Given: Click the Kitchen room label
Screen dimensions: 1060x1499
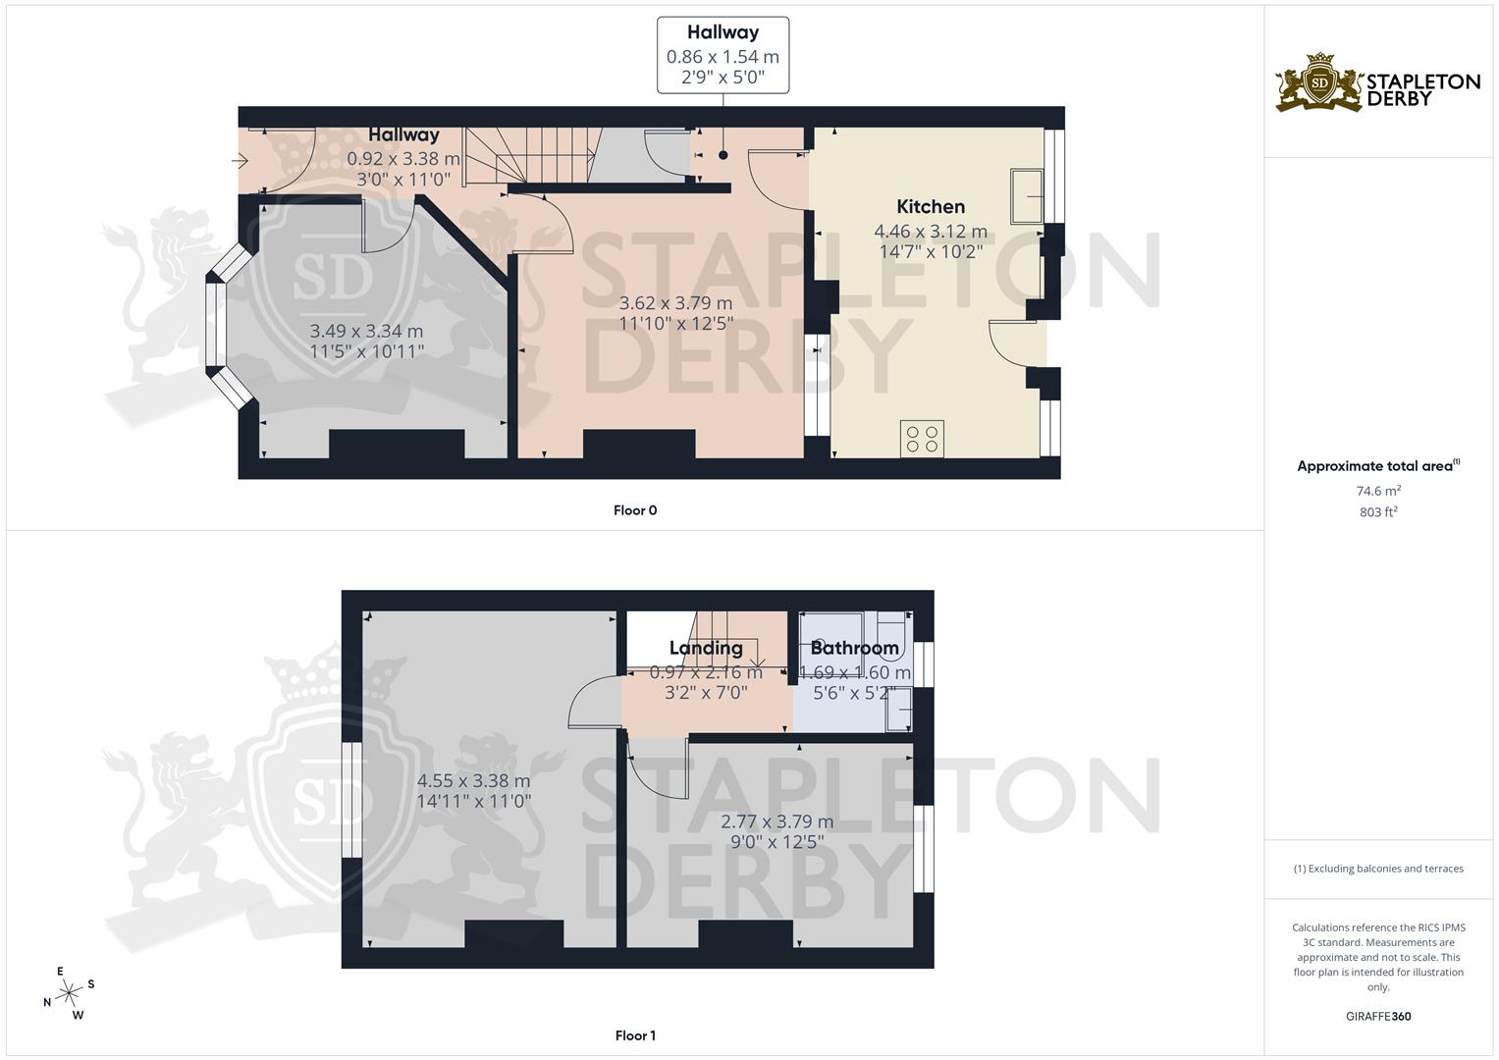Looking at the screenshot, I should (930, 206).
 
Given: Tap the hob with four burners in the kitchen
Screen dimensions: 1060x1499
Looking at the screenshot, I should (922, 439).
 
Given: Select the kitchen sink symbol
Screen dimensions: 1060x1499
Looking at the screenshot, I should (1028, 196).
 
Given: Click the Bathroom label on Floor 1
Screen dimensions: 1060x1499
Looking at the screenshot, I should (854, 648).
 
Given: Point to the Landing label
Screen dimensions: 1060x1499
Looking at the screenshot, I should (705, 648).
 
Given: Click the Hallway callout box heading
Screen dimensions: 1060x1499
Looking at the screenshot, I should (723, 32).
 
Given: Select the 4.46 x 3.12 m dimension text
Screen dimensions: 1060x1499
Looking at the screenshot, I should (930, 232).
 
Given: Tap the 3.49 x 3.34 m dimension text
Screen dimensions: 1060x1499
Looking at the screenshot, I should (366, 332).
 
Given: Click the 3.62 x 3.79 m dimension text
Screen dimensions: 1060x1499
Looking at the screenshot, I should (675, 303).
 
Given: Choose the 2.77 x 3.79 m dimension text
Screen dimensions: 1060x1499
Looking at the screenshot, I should (776, 821).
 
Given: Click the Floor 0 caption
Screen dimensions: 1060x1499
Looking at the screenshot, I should (634, 510).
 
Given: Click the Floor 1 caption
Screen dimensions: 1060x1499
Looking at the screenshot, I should (634, 1035).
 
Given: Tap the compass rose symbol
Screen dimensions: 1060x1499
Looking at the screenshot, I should (69, 993).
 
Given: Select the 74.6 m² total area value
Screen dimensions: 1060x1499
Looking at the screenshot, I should (1378, 492).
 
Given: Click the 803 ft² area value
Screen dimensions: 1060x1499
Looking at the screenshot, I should (1378, 512).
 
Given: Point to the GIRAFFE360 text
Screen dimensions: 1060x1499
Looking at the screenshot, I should (1378, 1017).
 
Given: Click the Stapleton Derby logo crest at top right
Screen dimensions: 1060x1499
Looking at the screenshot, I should (1319, 83).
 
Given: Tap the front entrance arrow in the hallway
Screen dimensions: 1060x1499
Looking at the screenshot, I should (241, 161).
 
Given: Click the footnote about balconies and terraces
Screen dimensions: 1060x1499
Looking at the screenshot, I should (1378, 869).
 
